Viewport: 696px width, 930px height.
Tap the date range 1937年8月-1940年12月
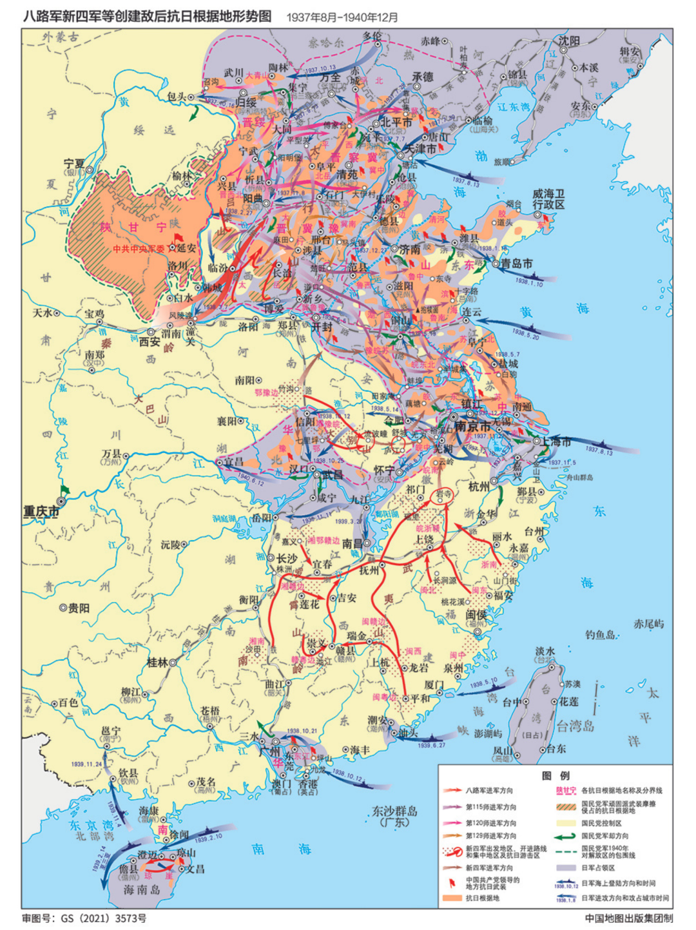click(x=342, y=17)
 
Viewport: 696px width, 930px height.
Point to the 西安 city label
click(x=150, y=342)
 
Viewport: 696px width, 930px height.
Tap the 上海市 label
click(x=556, y=441)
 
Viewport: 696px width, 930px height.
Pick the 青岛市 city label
click(x=517, y=263)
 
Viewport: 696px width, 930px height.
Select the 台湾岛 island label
click(x=575, y=726)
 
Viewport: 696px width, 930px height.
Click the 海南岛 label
click(x=141, y=889)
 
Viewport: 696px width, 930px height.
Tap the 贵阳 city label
click(x=79, y=608)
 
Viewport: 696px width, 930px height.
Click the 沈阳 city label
click(x=568, y=41)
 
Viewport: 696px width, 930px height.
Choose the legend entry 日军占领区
click(x=597, y=867)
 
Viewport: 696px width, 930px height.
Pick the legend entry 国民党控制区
click(x=601, y=823)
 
